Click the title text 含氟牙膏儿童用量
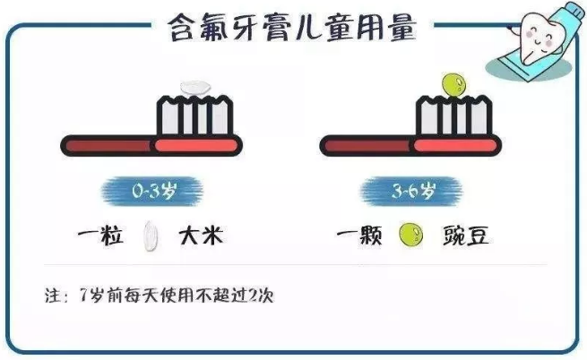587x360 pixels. (292, 27)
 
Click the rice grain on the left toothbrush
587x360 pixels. (195, 88)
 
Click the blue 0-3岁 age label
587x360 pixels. (152, 191)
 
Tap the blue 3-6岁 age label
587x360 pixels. (412, 191)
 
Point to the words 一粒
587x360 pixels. (100, 236)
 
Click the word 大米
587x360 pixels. (201, 236)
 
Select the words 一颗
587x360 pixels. (359, 236)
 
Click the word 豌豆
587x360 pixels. (466, 236)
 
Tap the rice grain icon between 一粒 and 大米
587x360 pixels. (151, 236)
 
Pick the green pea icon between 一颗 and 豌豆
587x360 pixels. (410, 235)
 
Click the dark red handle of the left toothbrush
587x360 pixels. (108, 146)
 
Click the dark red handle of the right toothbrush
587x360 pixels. (367, 146)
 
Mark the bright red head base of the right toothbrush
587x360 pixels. (456, 146)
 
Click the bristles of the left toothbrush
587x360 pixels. (194, 116)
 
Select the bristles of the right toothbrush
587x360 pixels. (453, 116)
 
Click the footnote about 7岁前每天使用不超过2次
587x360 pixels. (160, 296)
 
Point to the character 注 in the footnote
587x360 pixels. (53, 296)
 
